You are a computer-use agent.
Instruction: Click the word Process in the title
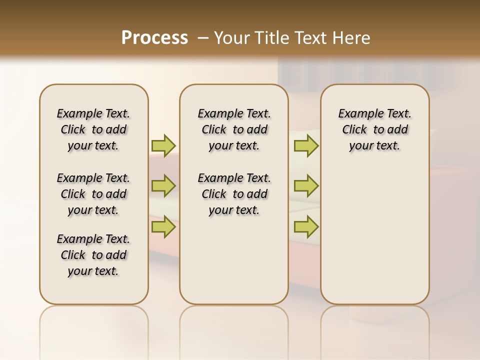pos(154,37)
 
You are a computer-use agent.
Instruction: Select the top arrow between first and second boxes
pos(163,145)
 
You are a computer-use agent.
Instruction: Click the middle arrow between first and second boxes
pos(163,186)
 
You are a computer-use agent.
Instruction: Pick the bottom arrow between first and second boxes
pos(163,226)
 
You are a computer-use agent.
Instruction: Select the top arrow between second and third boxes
pos(306,145)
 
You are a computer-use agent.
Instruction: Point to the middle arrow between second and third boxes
pos(306,186)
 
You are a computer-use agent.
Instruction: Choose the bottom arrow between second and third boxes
pos(306,226)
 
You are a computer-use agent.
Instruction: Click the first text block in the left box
pos(93,129)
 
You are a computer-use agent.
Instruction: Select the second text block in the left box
pos(93,194)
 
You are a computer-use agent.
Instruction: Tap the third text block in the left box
pos(93,255)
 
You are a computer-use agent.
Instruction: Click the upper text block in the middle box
pos(234,129)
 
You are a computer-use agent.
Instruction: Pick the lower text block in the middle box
pos(234,194)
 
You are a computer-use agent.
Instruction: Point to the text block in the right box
pos(374,129)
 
